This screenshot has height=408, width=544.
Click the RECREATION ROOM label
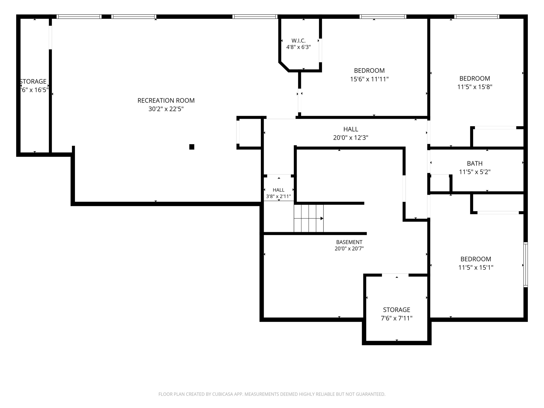(x=166, y=101)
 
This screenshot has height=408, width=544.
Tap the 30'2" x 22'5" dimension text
(x=166, y=109)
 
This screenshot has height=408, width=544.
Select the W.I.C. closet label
(x=299, y=41)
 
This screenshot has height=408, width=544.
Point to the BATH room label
(x=475, y=164)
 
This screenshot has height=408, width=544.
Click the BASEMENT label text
(x=349, y=242)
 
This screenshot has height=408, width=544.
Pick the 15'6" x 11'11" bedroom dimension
(x=369, y=79)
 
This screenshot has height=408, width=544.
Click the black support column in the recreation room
(x=192, y=147)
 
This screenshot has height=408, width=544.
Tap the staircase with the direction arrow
(x=309, y=218)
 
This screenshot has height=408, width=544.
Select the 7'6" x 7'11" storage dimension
(x=397, y=318)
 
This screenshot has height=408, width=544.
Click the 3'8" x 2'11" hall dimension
(x=279, y=197)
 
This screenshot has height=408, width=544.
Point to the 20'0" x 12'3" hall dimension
(x=351, y=138)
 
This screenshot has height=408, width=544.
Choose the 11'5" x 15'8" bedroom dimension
(x=475, y=87)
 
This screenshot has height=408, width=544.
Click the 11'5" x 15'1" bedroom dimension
(x=476, y=267)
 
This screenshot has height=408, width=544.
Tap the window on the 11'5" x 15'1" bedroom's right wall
(x=525, y=265)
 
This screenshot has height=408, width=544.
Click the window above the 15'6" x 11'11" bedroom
(x=383, y=16)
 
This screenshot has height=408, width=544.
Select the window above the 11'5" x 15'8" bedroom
(x=477, y=16)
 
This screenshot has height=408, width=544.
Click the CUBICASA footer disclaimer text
(x=272, y=394)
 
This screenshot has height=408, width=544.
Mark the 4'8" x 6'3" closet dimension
(x=299, y=47)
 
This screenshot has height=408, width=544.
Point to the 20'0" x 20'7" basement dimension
(x=349, y=249)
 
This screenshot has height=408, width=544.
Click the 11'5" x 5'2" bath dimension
(x=475, y=172)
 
